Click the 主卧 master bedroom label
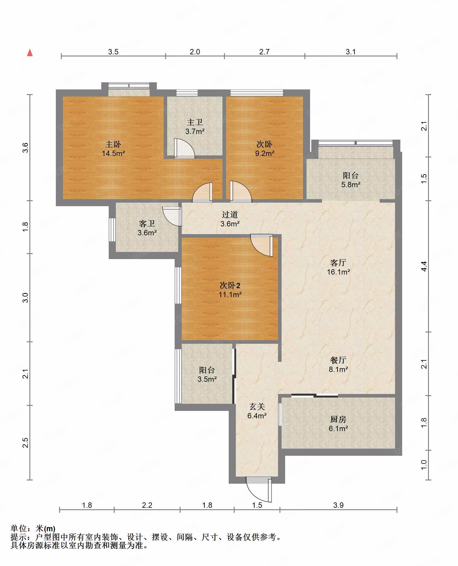coord(113,144)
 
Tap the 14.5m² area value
coord(113,154)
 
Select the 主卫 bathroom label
coord(195,122)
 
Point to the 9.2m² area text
coord(264,154)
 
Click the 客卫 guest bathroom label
coord(147,223)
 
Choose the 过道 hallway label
coord(230,215)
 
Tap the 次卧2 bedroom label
coord(230,286)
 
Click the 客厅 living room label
coord(338,263)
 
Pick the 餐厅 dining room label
coord(338,360)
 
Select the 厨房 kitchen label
coord(338,419)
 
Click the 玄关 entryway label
coord(257,406)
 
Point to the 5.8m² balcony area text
coord(351,185)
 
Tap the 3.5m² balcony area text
coord(207,379)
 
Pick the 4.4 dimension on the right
coord(424,266)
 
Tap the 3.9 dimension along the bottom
coord(338,505)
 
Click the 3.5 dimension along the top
coord(113,52)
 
